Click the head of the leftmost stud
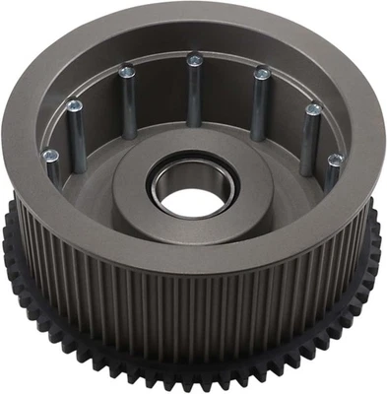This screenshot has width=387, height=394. click(x=50, y=155)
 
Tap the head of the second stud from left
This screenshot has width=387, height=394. click(x=74, y=104)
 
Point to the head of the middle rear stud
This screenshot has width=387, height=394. click(x=195, y=59)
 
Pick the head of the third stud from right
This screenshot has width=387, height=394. click(x=261, y=72)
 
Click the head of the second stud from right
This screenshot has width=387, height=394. click(x=313, y=109)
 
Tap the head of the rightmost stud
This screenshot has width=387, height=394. click(x=335, y=160)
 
